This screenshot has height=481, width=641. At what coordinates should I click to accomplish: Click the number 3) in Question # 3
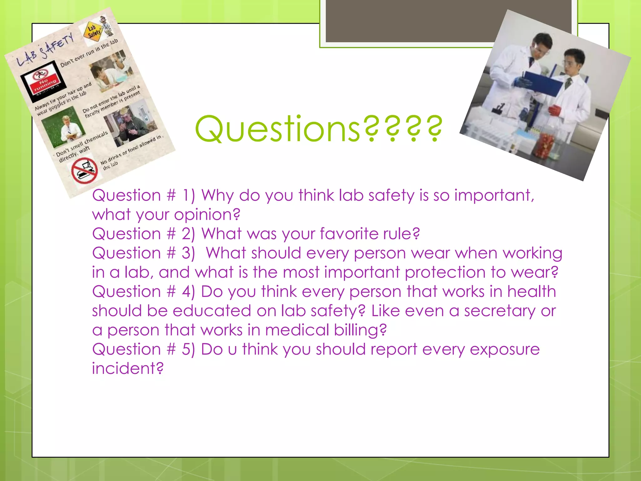[x=188, y=253]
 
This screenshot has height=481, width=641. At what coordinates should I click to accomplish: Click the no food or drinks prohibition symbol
[x=84, y=171]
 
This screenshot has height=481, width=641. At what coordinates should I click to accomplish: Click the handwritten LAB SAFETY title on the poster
[x=46, y=50]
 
